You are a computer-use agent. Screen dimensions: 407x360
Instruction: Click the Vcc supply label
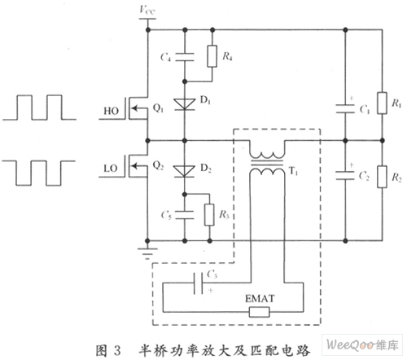tap(147, 10)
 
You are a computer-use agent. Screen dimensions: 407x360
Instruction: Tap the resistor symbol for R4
tap(212, 56)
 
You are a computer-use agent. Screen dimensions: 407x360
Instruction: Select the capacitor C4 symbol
tap(185, 57)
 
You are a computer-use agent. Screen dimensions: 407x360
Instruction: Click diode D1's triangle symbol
tap(185, 104)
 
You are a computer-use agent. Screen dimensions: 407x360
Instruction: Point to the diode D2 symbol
tap(184, 171)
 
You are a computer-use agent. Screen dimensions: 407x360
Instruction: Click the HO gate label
tap(112, 111)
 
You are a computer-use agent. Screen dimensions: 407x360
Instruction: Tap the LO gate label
tap(111, 169)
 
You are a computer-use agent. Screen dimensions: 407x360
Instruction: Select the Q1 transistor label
tap(158, 108)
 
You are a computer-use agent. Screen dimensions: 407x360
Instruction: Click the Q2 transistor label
tap(158, 165)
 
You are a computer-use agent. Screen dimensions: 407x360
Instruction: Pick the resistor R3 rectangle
tap(209, 215)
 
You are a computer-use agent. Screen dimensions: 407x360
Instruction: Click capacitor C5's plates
tap(185, 215)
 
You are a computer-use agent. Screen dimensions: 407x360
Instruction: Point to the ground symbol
tap(147, 253)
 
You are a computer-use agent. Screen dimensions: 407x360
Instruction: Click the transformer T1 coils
tap(267, 163)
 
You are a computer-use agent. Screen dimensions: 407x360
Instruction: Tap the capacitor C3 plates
tap(198, 283)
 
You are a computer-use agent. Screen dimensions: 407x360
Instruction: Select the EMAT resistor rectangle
tap(260, 312)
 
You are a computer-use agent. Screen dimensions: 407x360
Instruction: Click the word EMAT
tap(260, 299)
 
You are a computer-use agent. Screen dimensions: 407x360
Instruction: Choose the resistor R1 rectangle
tap(382, 103)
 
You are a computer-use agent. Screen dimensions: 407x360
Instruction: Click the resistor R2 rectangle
tap(382, 177)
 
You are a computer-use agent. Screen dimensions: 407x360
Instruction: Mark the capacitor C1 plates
tap(345, 108)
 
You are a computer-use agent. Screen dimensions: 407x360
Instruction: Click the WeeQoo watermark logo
tap(362, 345)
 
